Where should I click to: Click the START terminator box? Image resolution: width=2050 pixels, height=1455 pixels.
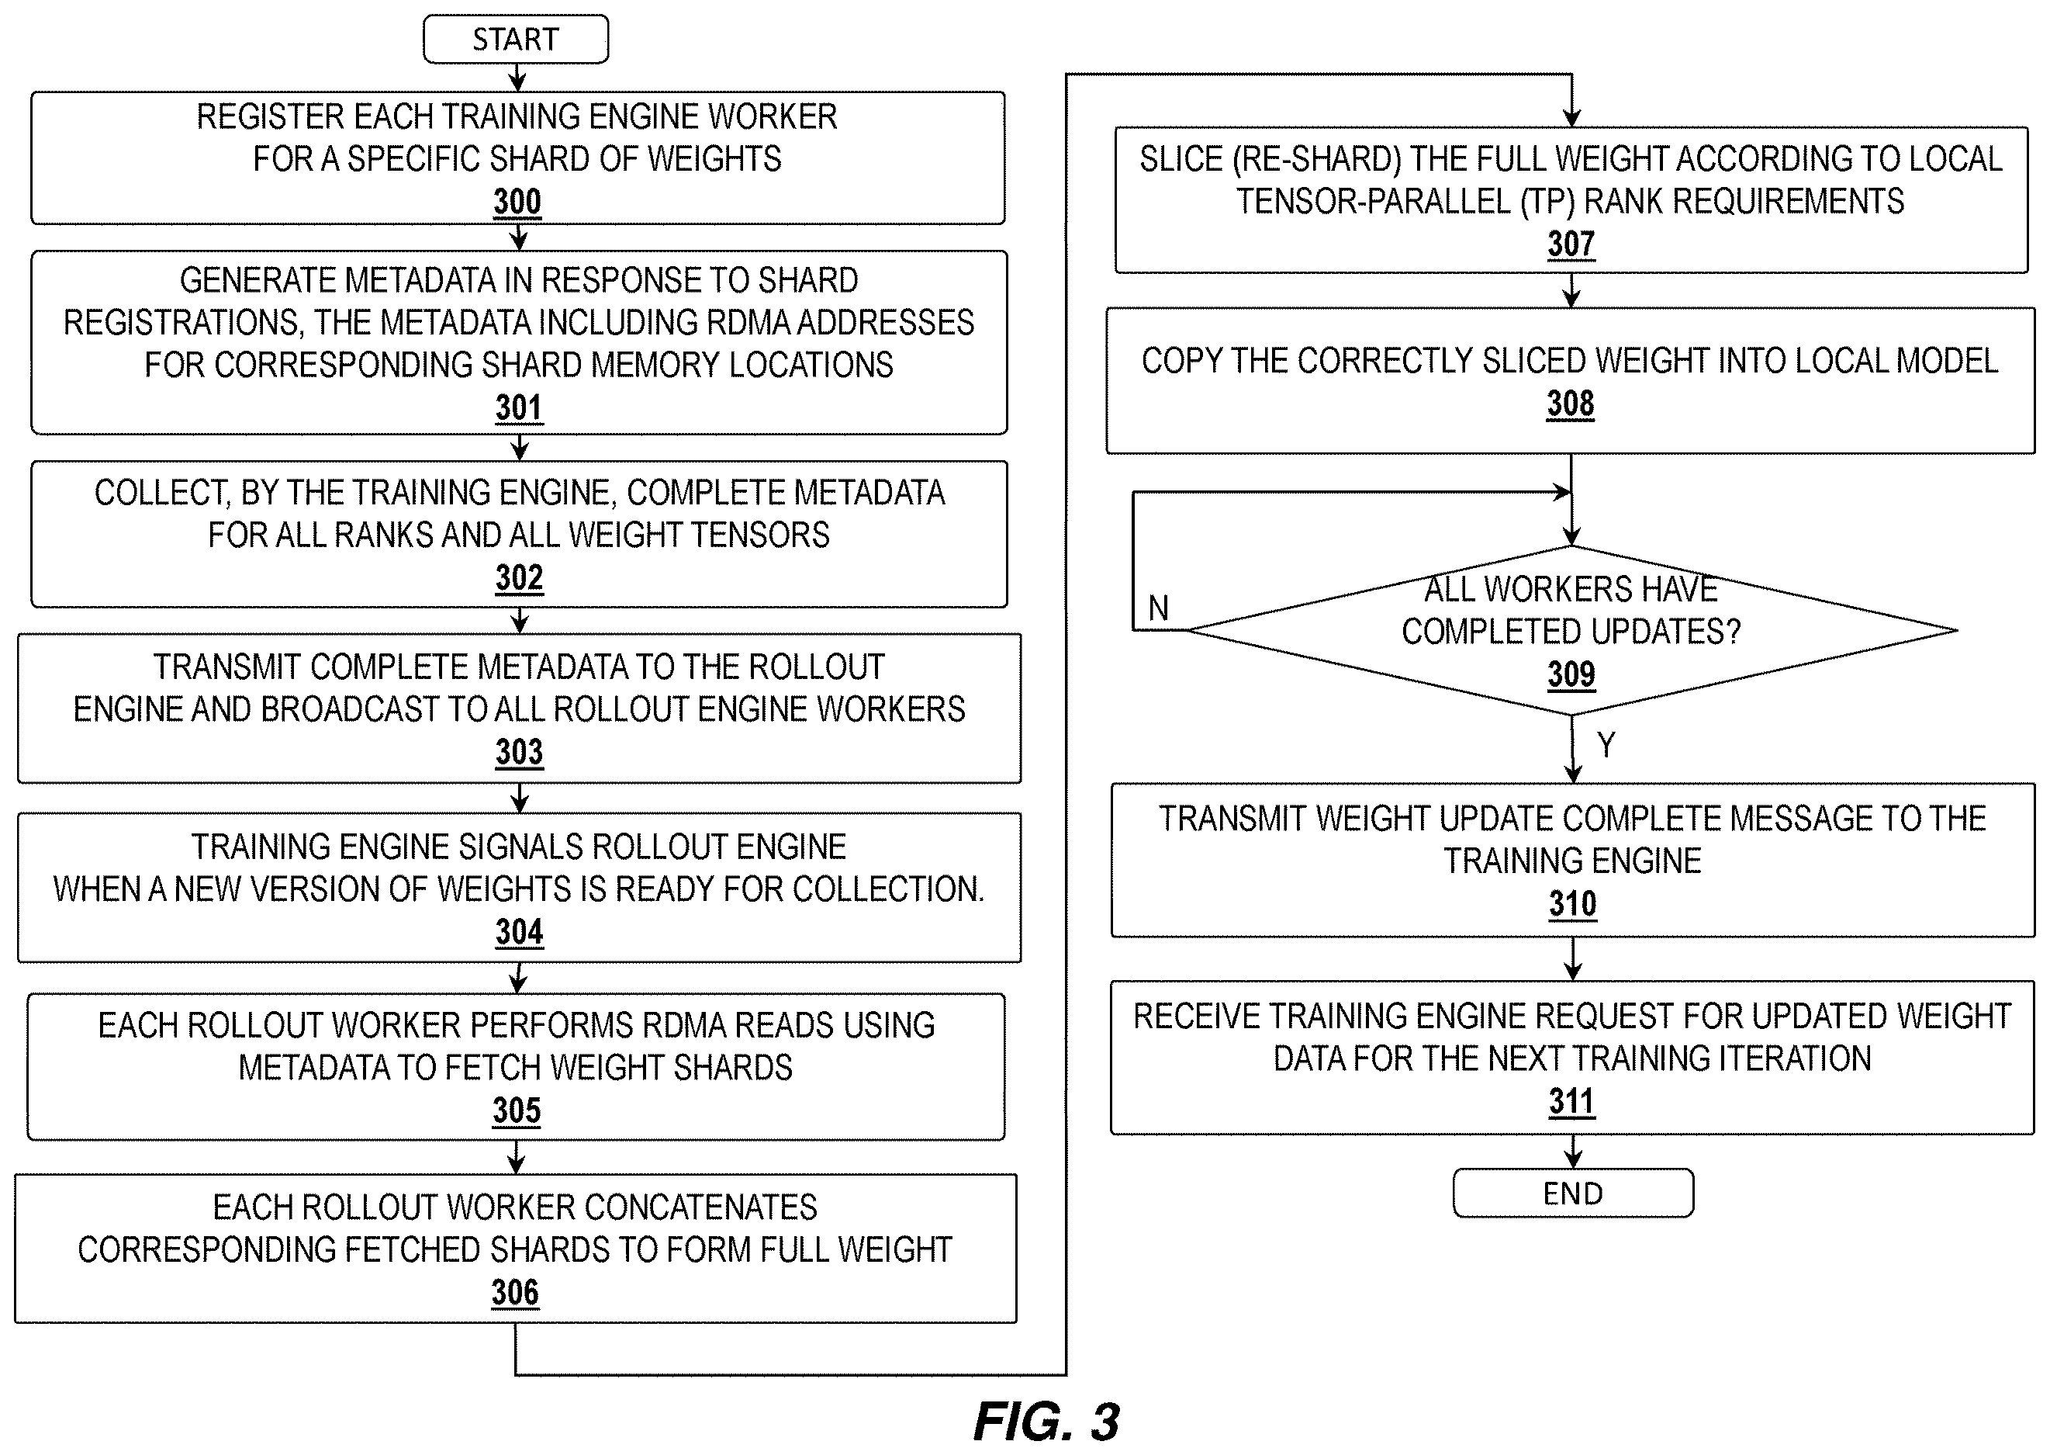coord(516,40)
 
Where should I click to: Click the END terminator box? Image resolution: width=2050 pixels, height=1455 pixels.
coord(1573,1193)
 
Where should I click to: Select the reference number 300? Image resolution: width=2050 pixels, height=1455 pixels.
coord(517,202)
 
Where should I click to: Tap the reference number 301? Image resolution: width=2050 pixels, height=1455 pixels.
coord(520,407)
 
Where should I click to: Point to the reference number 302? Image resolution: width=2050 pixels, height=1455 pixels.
coord(520,578)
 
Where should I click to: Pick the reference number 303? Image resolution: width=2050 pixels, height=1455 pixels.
coord(520,752)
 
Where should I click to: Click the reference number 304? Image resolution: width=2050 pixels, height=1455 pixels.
coord(520,932)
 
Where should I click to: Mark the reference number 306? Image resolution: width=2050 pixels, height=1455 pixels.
coord(515,1293)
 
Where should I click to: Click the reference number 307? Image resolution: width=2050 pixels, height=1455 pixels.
coord(1571,244)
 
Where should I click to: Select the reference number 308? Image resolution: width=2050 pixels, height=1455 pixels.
coord(1571,404)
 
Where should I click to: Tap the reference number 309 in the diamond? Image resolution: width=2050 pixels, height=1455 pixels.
coord(1571,674)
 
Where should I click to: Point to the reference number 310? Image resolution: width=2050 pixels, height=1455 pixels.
coord(1573,904)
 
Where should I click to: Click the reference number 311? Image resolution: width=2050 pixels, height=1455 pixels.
coord(1571,1102)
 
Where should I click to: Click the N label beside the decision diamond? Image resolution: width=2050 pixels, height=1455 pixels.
coord(1158,608)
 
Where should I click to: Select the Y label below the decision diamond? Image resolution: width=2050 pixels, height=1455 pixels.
coord(1606,744)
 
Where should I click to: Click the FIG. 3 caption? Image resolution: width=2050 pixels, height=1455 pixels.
coord(1046,1421)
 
